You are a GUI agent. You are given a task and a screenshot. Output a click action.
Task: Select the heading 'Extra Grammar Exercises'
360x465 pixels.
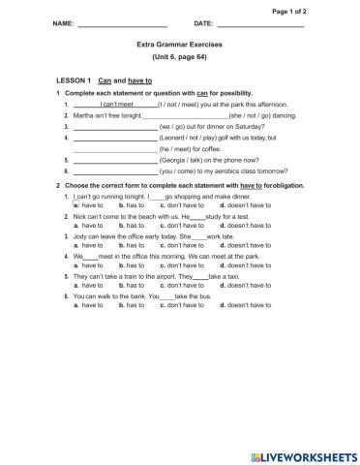(179, 45)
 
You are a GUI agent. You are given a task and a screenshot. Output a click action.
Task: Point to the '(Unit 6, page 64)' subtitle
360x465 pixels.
(179, 58)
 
